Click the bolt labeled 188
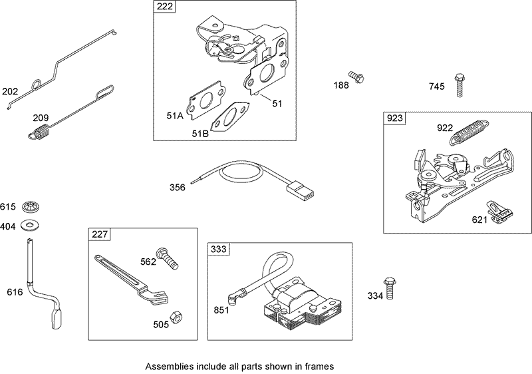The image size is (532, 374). coord(356,77)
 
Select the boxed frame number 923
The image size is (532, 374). coord(394,118)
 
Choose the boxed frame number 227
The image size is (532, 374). coord(100,234)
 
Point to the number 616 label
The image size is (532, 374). coord(14,292)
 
